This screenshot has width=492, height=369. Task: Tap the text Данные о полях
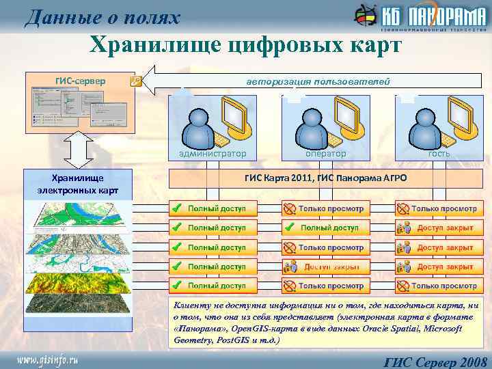click(102, 17)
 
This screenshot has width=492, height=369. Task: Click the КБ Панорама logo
click(418, 17)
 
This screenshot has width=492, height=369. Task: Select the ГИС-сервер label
click(80, 81)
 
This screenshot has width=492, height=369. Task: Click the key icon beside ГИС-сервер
click(135, 81)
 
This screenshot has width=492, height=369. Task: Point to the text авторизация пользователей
click(318, 81)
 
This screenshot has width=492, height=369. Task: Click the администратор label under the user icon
click(213, 154)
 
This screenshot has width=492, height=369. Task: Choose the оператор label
click(325, 154)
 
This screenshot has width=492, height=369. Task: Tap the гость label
click(438, 154)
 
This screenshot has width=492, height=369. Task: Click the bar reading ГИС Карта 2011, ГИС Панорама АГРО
click(325, 178)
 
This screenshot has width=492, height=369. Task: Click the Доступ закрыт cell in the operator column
click(325, 266)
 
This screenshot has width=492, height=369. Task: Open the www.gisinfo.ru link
click(48, 358)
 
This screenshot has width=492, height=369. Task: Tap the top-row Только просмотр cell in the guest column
click(438, 208)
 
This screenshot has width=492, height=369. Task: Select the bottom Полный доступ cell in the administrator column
click(213, 286)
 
